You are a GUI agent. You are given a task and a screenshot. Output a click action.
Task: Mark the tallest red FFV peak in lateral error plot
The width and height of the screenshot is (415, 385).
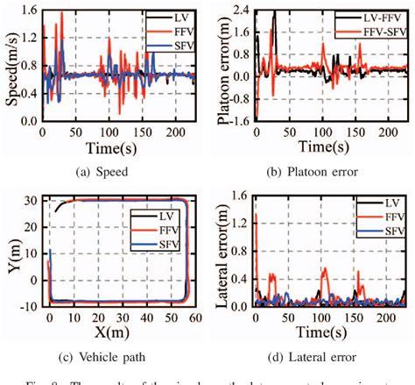coord(257,214)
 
